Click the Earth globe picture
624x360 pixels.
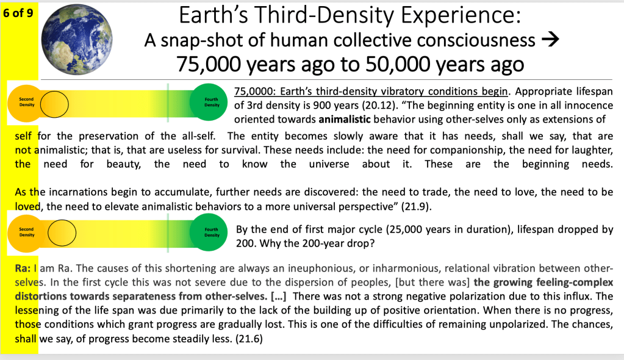tap(77, 39)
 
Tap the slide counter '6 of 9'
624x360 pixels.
tap(18, 13)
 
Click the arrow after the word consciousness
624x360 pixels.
tap(550, 40)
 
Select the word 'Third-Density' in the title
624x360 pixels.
tap(326, 15)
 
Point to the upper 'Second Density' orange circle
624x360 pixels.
tap(26, 103)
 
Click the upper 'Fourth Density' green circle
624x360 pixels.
tap(209, 102)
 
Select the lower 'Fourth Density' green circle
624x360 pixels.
tap(209, 232)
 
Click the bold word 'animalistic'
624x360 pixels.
tap(345, 120)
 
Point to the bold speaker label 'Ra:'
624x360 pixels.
tap(23, 268)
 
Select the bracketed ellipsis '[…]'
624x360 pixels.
tap(278, 297)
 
